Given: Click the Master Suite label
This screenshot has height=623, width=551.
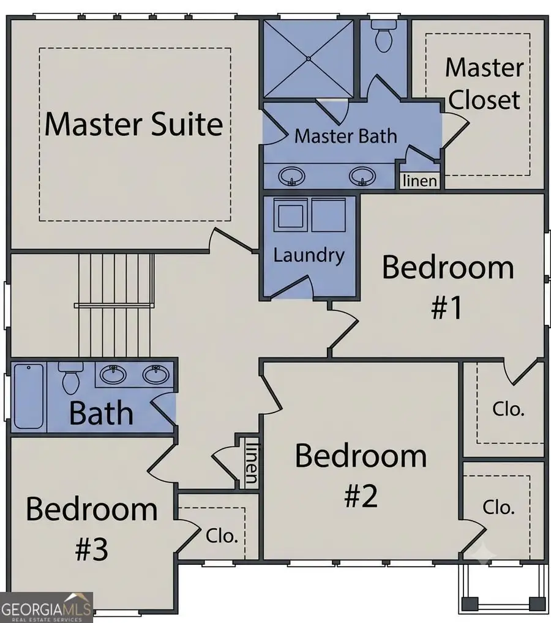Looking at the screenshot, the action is [133, 124].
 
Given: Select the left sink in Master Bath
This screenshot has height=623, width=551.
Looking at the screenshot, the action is [292, 176].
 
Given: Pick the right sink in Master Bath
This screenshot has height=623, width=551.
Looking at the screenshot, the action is [362, 176].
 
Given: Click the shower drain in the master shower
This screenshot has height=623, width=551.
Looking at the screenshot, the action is [309, 58].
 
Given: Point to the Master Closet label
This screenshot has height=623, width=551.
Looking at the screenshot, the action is [484, 83].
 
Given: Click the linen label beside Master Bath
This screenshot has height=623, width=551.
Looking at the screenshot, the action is [420, 181].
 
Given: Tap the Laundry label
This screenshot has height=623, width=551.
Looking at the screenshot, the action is [309, 255].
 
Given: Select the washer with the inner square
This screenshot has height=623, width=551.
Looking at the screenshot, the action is [291, 215].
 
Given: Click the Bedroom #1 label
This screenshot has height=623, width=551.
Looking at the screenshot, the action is [448, 288].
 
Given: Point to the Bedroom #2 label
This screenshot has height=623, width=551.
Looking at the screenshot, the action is [361, 476].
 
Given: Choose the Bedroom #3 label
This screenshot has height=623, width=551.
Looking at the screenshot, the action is [92, 529].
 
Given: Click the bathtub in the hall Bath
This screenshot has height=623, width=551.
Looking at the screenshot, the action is [29, 396].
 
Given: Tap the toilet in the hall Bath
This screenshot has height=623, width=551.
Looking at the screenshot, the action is [71, 377].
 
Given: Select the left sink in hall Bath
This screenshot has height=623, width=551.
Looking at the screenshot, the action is [113, 375].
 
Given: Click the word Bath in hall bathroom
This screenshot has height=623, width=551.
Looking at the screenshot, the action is [101, 414].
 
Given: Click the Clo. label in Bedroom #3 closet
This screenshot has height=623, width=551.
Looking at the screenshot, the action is [222, 536].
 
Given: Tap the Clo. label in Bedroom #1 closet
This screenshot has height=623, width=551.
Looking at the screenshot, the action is [509, 409].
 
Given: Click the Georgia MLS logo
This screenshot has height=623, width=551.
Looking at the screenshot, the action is [46, 608].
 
